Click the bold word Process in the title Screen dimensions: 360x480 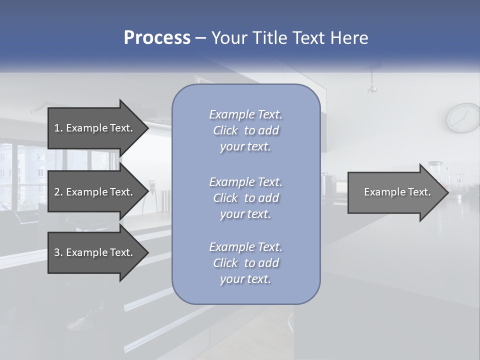point(157,38)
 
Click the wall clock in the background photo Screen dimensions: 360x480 point(463,118)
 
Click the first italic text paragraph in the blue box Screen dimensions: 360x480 point(245,130)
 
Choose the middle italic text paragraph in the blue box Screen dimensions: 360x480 point(245,198)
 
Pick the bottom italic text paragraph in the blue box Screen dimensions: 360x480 point(245,263)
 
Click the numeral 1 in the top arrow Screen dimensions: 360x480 point(57,128)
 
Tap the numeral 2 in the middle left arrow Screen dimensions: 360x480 point(57,192)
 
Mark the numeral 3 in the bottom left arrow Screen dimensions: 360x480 point(57,252)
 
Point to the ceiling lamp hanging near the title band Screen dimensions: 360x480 point(371,88)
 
